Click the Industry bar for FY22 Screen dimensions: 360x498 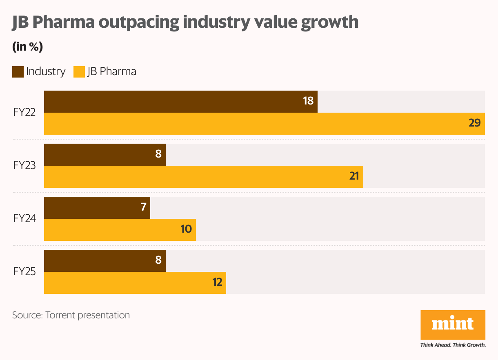tap(180, 102)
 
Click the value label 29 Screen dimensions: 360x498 tap(474, 123)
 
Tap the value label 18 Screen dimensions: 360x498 tap(308, 100)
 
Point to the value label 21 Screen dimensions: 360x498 tap(353, 176)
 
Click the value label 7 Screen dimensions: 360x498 tap(143, 207)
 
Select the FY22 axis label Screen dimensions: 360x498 tap(24, 113)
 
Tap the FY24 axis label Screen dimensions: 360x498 tap(24, 218)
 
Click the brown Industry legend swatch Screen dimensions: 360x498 tap(18, 72)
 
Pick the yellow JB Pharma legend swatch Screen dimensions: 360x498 tap(79, 72)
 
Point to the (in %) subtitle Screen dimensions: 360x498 tap(27, 47)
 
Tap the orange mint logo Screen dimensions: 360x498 tap(453, 325)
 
